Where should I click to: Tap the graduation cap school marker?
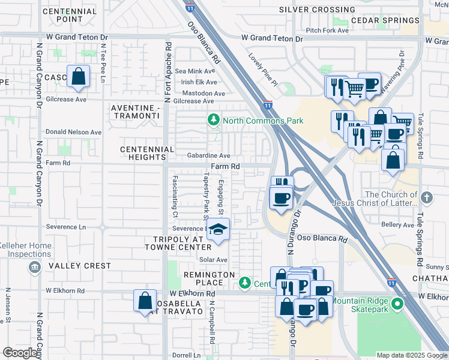217,229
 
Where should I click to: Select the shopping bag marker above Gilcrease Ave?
78,76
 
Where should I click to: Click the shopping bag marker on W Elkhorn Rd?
145,301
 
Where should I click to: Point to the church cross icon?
426,197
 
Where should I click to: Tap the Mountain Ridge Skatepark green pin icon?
397,305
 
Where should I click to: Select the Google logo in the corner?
20,353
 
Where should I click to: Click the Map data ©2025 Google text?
411,355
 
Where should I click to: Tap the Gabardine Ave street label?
208,155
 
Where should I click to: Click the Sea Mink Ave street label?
190,71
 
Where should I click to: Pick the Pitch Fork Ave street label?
327,30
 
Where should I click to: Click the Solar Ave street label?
214,260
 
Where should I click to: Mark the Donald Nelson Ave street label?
74,132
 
